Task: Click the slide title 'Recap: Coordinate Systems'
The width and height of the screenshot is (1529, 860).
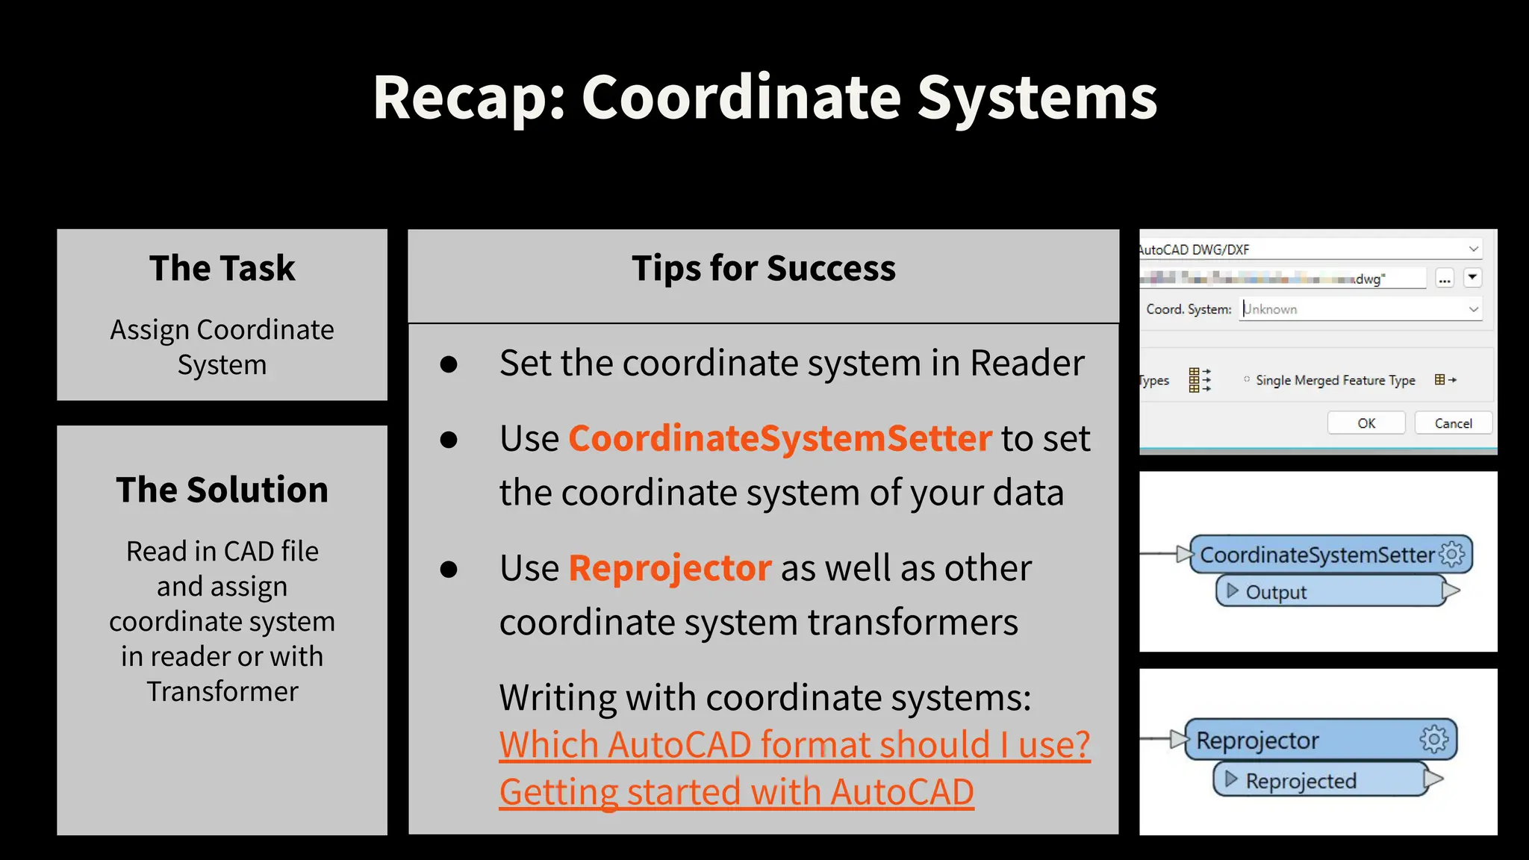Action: coord(764,98)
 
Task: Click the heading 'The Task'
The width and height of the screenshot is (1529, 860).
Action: coord(222,268)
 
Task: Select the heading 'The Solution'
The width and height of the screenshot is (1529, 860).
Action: coord(222,490)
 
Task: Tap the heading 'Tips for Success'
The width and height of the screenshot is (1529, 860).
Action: coord(763,268)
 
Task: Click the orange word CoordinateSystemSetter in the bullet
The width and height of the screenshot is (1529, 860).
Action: coord(780,438)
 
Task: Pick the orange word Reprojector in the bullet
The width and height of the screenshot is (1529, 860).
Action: coord(670,568)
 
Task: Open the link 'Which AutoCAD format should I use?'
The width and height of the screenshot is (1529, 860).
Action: coord(794,745)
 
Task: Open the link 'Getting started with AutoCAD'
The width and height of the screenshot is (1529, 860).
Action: coord(736,792)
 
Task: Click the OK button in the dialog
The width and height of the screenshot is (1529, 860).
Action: coord(1365,423)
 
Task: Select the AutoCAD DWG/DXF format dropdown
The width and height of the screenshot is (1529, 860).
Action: coord(1310,249)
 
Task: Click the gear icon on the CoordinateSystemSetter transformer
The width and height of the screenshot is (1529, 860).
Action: coord(1452,554)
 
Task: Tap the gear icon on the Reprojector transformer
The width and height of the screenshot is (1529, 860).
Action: coord(1433,739)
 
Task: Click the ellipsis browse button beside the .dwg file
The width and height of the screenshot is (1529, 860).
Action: coord(1445,279)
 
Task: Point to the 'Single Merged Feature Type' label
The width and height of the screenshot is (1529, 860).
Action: coord(1335,380)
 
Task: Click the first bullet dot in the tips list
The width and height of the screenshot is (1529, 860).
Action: coord(449,364)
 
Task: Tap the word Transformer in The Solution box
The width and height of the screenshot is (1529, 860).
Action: coord(222,691)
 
